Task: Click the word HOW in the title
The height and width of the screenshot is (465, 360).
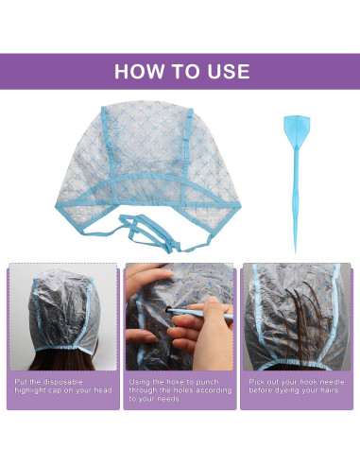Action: click(x=136, y=72)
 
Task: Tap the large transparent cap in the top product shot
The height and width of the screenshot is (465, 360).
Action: click(x=151, y=156)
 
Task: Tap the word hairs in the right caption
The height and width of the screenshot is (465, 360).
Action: click(x=332, y=390)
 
